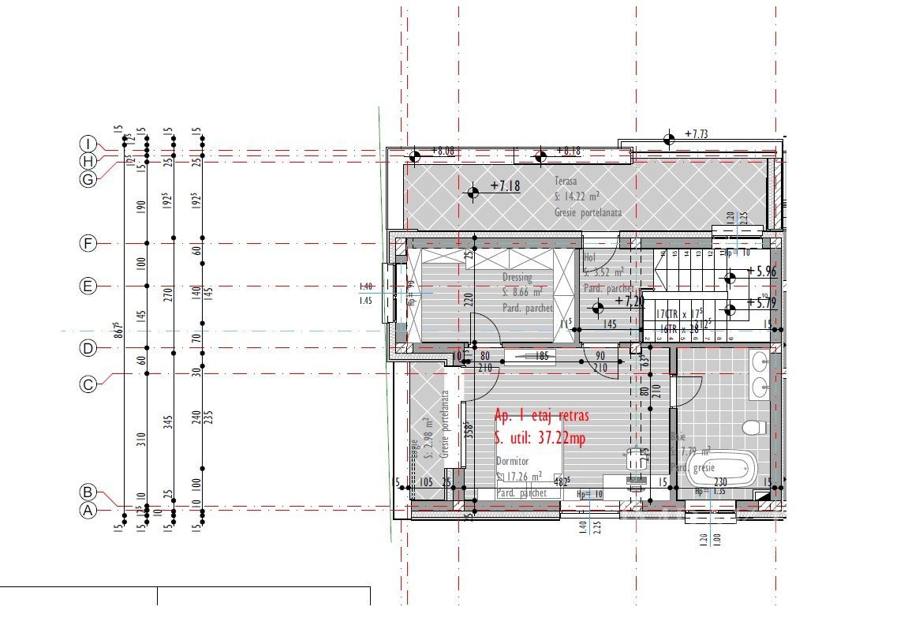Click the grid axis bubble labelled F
[x=88, y=244]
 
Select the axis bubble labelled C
[x=88, y=384]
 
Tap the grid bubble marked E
[x=88, y=286]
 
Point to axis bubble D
[x=88, y=348]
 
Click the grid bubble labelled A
[x=88, y=511]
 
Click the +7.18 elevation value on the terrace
[x=506, y=186]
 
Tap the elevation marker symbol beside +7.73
[x=669, y=140]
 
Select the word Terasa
[x=566, y=181]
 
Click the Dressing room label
[x=517, y=278]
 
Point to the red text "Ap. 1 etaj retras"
[x=541, y=415]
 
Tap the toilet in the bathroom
[x=754, y=427]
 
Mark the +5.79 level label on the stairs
[x=761, y=301]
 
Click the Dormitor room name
[x=514, y=461]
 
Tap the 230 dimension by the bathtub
[x=720, y=482]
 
